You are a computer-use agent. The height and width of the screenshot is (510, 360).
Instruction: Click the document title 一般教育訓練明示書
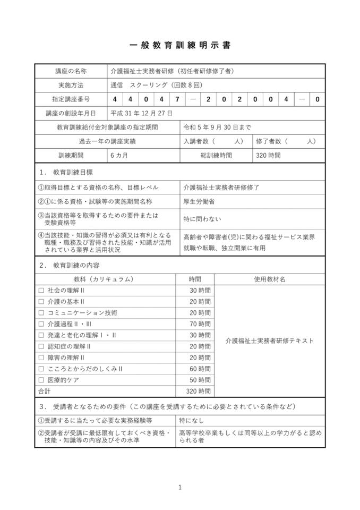pos(180,46)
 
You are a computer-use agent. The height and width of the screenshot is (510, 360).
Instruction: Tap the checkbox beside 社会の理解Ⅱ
pos(41,291)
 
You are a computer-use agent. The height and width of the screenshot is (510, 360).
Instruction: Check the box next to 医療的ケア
pos(41,380)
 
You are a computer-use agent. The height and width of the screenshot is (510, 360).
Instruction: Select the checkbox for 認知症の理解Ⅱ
pos(41,346)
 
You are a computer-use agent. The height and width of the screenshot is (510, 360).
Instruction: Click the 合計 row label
pos(44,391)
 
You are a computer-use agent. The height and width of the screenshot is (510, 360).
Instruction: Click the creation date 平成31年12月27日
pos(141,113)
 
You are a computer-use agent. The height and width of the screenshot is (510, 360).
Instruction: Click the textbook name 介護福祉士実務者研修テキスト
pos(269,341)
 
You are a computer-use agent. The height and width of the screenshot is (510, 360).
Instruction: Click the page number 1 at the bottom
pos(180,487)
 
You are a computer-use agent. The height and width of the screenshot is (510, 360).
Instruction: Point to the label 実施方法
pos(71,85)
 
